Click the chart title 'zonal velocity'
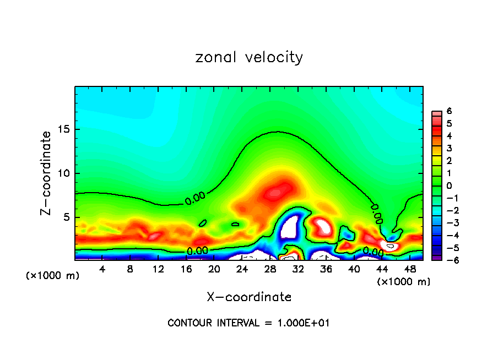point(249,57)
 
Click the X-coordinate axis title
point(249,297)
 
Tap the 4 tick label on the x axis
point(102,269)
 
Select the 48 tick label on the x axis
point(409,269)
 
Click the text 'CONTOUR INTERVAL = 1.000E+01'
point(248,323)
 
